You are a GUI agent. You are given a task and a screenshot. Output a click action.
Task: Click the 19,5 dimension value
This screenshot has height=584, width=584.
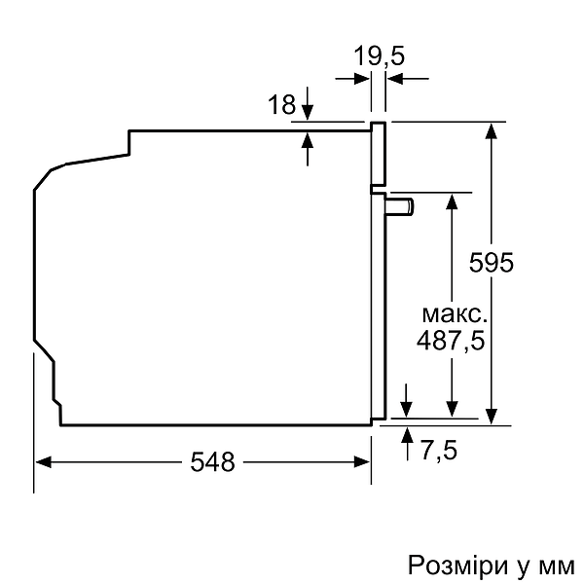(x=379, y=55)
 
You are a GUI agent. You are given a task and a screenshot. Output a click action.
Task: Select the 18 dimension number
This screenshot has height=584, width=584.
(x=281, y=105)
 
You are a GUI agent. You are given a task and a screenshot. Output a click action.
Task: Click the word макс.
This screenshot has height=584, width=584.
(x=453, y=314)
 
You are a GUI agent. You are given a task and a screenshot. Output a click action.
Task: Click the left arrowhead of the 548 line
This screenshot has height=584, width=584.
(x=43, y=463)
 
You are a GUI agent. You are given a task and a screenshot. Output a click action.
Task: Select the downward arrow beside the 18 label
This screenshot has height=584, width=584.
(x=309, y=105)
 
